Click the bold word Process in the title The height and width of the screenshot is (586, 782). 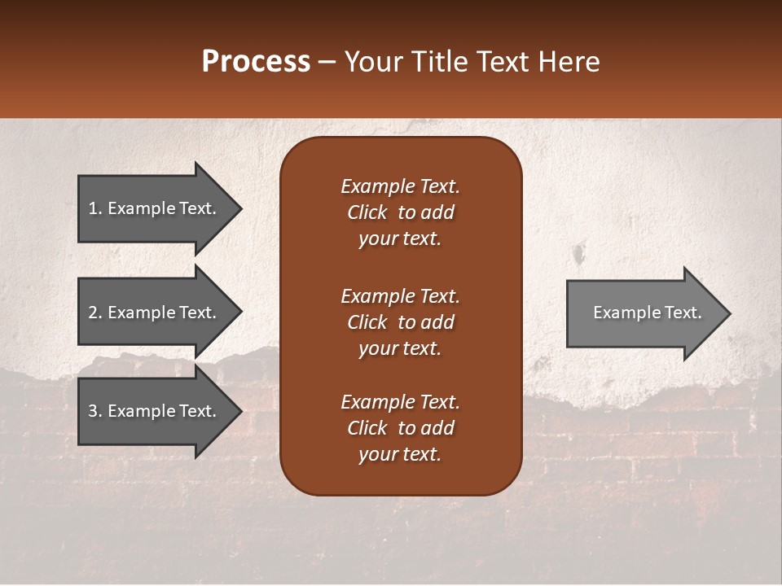tap(256, 62)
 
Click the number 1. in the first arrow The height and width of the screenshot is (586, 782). tap(95, 208)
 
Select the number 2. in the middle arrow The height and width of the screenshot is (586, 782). tap(95, 313)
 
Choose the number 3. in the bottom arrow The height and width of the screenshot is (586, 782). tap(95, 411)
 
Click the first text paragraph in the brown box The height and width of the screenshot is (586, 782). tap(400, 212)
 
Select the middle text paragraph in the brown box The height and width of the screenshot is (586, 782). tap(400, 321)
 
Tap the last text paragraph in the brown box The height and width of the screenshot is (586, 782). tap(400, 428)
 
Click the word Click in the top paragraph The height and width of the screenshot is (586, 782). tap(367, 212)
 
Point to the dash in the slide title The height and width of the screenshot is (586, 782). tap(327, 63)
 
